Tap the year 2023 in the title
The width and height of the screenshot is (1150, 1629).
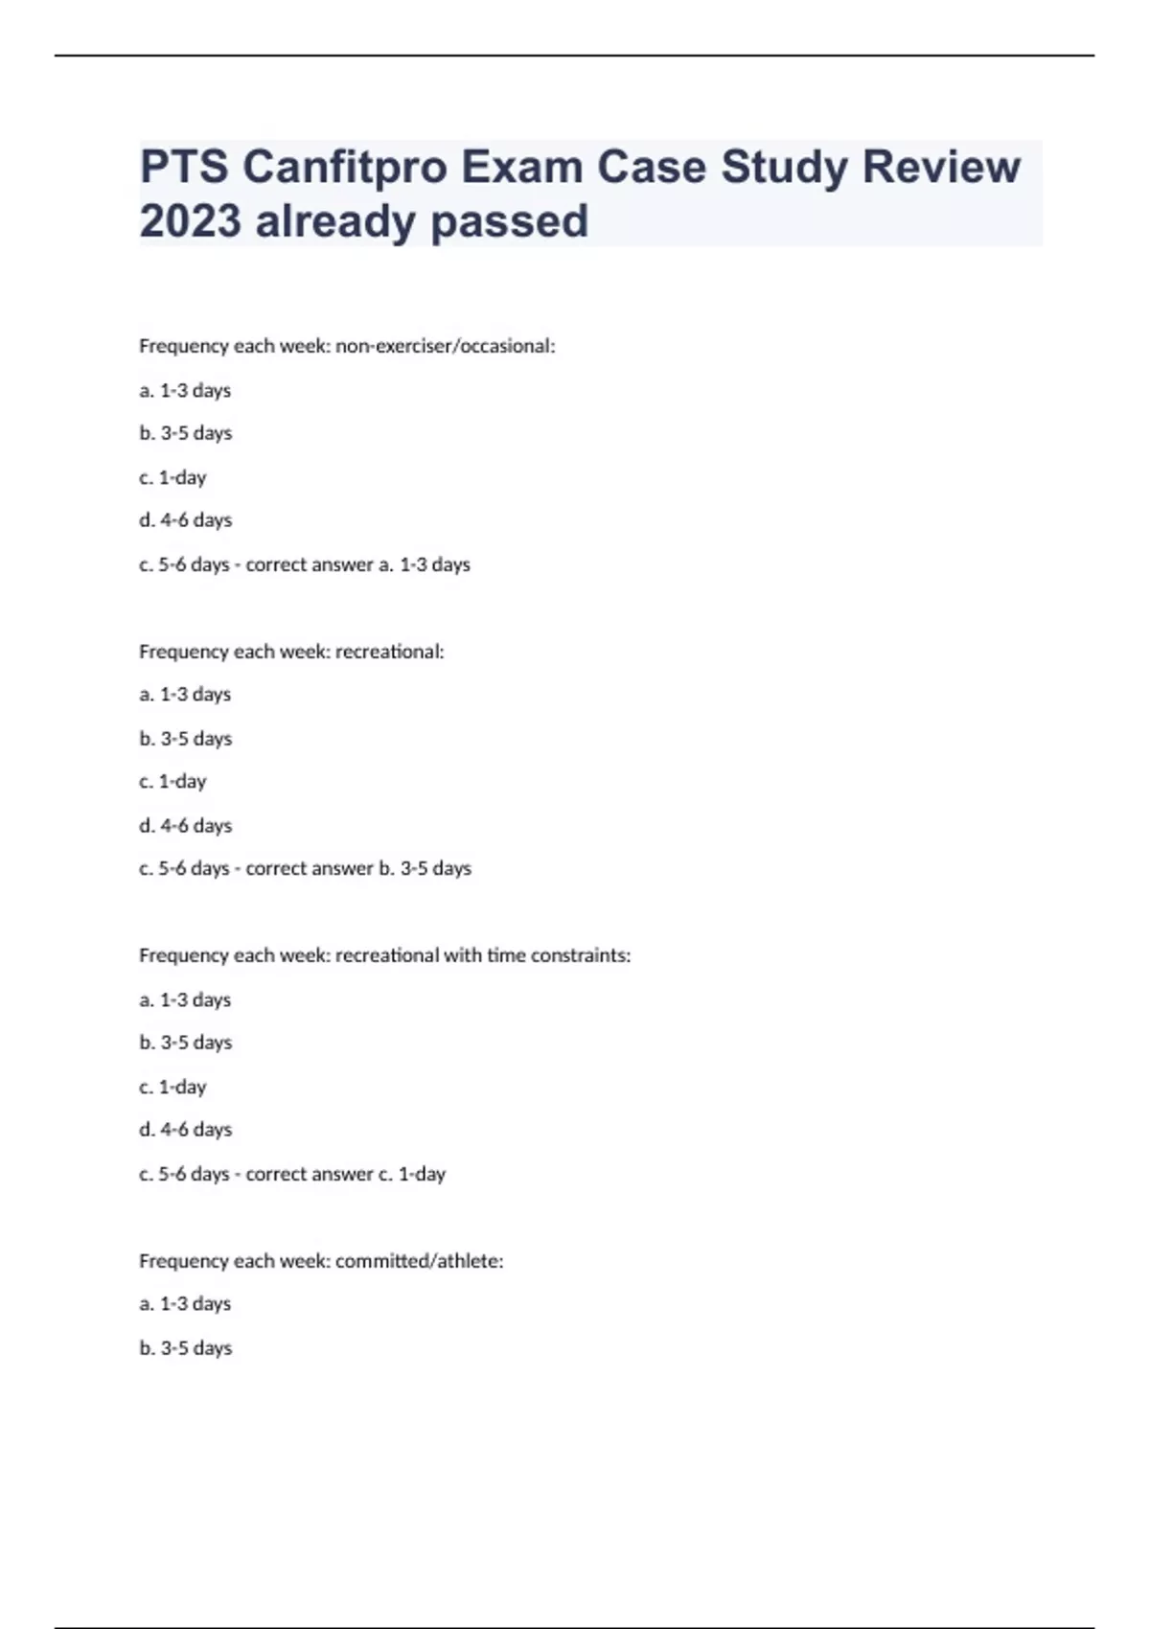click(x=190, y=221)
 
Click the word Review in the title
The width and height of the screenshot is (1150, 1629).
click(x=941, y=168)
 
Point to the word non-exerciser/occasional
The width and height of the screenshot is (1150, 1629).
click(x=445, y=346)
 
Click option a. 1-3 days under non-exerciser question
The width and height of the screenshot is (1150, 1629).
click(x=185, y=391)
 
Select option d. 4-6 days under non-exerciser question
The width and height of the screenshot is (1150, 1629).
click(x=186, y=520)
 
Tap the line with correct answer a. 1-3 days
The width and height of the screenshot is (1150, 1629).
click(x=305, y=564)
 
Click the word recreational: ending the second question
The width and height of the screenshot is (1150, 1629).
click(x=389, y=652)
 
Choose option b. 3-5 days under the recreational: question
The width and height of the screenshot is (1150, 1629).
click(x=186, y=739)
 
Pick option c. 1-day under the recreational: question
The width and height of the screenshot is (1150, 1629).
click(x=172, y=782)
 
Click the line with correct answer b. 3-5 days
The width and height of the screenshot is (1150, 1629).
click(x=305, y=868)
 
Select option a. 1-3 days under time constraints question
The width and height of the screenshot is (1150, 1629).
click(x=185, y=999)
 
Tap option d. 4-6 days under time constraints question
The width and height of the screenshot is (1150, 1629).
click(x=186, y=1130)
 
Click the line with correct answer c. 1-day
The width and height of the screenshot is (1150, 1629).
click(x=292, y=1174)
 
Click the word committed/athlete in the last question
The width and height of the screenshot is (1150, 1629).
click(x=419, y=1261)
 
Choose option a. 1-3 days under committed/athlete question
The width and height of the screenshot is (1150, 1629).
click(x=185, y=1304)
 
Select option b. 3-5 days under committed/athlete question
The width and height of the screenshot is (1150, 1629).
click(x=186, y=1348)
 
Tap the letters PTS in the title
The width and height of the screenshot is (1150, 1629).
click(x=184, y=168)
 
